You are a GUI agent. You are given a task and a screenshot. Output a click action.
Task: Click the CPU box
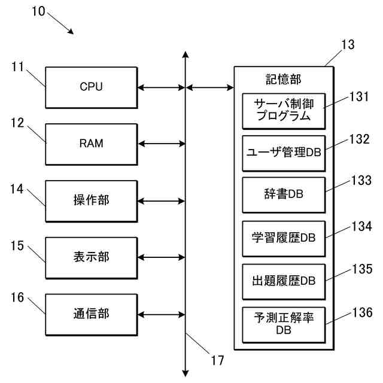point(91,87)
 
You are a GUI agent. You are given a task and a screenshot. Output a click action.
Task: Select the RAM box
point(91,144)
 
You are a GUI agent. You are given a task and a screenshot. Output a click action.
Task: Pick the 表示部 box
point(91,257)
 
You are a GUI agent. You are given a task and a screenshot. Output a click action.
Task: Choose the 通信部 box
point(91,314)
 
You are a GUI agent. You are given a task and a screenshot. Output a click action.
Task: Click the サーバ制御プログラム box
point(284,110)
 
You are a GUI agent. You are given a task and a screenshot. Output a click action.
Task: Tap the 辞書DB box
point(284,194)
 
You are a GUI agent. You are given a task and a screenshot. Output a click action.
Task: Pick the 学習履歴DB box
point(284,238)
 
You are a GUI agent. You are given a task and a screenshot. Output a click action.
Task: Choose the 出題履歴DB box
point(284,281)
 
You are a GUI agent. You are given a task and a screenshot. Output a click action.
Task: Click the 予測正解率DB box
point(284,324)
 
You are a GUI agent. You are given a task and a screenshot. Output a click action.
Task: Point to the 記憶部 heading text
point(284,78)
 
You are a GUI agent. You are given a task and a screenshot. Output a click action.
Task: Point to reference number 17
point(217,360)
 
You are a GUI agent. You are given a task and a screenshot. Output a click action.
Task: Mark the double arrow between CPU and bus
point(161,87)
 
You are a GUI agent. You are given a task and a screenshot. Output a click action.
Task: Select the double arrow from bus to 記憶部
point(210,87)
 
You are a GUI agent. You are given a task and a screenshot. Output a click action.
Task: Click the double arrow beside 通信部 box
point(161,314)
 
